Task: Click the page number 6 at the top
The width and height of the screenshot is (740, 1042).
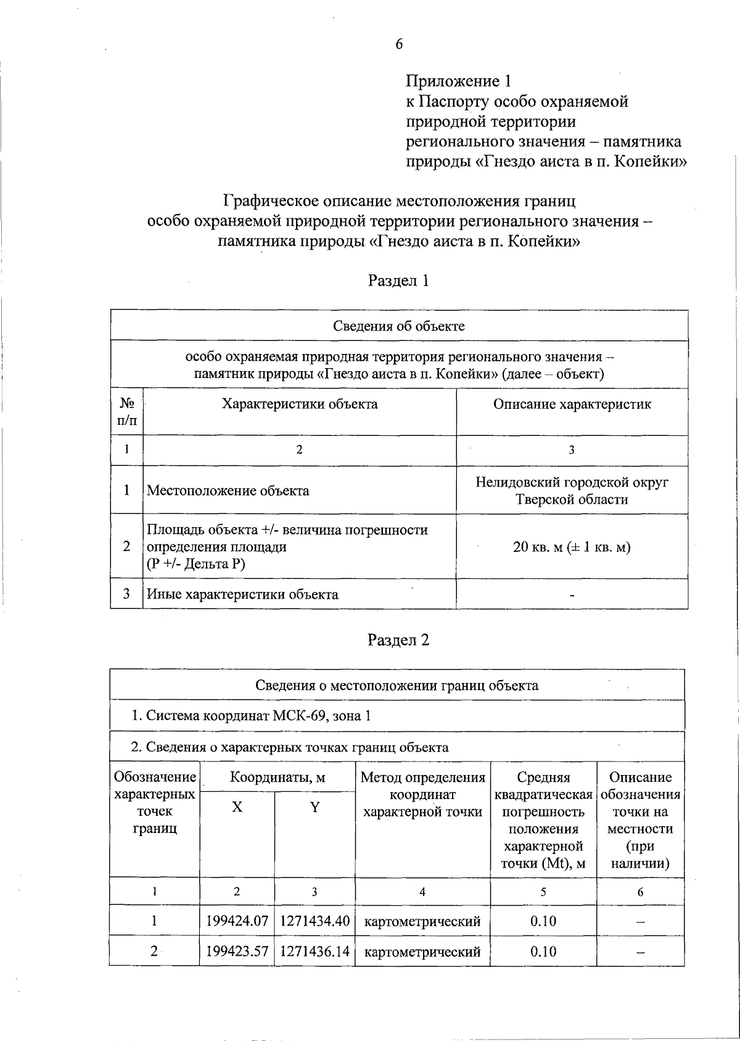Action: (x=399, y=44)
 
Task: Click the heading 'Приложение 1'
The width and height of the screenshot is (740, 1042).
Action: (x=459, y=81)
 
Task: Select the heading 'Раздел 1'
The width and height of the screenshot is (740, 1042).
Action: (x=398, y=281)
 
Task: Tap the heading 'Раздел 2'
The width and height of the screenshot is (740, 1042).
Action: (x=398, y=640)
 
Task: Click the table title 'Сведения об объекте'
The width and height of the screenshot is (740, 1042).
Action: (x=399, y=326)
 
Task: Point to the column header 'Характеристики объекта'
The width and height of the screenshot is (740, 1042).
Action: (x=300, y=404)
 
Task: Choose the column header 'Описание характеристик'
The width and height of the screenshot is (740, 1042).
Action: (x=572, y=404)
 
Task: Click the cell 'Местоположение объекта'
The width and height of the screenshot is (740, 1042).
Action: (x=228, y=491)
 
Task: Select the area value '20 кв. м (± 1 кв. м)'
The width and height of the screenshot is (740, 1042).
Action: (x=572, y=547)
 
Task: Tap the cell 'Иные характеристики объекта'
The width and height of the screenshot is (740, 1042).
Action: (x=242, y=594)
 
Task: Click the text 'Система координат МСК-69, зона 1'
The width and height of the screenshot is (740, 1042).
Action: (x=258, y=716)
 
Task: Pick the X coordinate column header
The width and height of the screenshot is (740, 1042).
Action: (x=237, y=807)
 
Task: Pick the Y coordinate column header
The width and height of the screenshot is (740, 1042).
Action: (x=314, y=807)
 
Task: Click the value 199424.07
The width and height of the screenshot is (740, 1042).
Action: (x=237, y=921)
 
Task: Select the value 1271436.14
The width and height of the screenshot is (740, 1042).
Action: (x=314, y=951)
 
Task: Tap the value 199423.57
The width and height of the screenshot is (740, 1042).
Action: (x=237, y=951)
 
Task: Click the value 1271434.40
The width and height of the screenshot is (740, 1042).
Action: (x=314, y=921)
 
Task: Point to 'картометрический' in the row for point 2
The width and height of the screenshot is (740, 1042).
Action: (x=422, y=951)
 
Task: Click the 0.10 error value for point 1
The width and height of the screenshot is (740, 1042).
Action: (x=543, y=921)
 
